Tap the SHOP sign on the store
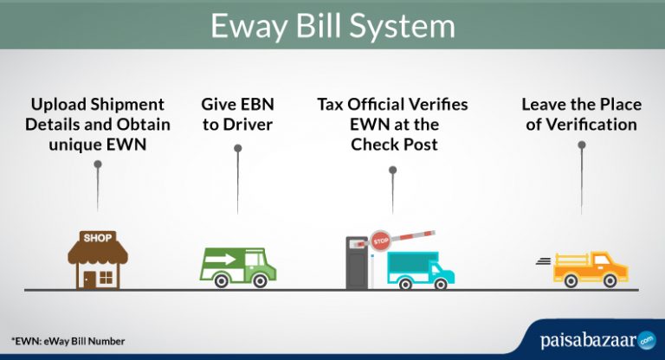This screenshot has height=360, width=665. click(x=98, y=236)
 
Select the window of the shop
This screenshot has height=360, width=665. click(x=107, y=276)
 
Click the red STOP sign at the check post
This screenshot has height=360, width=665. click(x=380, y=241)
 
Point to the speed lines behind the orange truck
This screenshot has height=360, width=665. click(x=543, y=260)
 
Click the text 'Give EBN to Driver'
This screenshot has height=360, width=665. click(x=236, y=114)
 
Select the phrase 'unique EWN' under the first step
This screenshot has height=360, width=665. click(x=98, y=145)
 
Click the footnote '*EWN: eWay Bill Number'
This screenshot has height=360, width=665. click(x=68, y=341)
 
